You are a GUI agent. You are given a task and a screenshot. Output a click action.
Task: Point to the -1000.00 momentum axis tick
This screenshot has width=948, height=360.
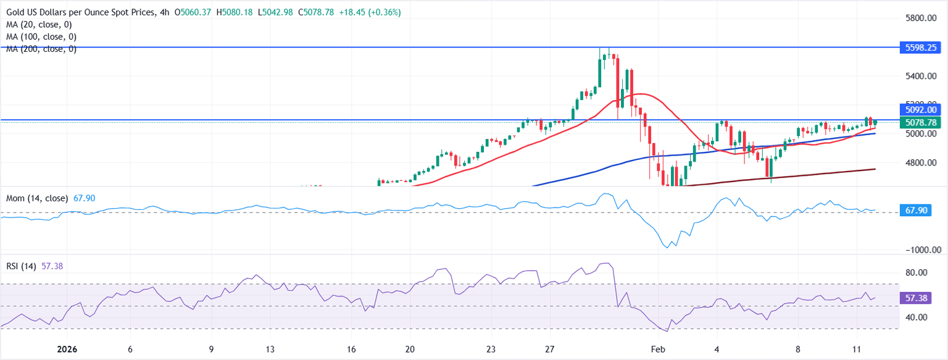(x=917, y=250)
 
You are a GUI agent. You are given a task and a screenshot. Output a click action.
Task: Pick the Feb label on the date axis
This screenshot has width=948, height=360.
(x=659, y=349)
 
